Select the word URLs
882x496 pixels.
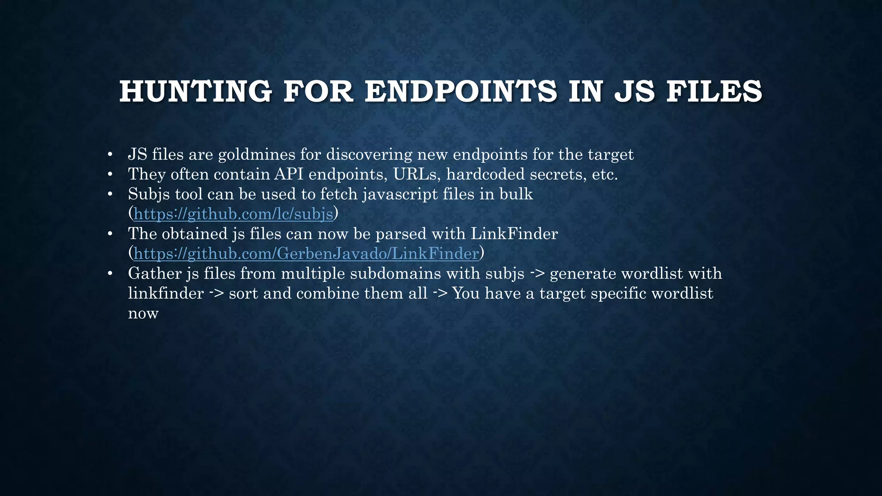point(417,174)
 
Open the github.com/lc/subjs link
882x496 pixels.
point(233,214)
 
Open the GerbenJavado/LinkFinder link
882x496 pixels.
point(306,254)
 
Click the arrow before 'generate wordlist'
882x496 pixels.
point(537,273)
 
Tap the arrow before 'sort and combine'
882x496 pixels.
point(216,294)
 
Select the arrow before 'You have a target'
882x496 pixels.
point(440,294)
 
